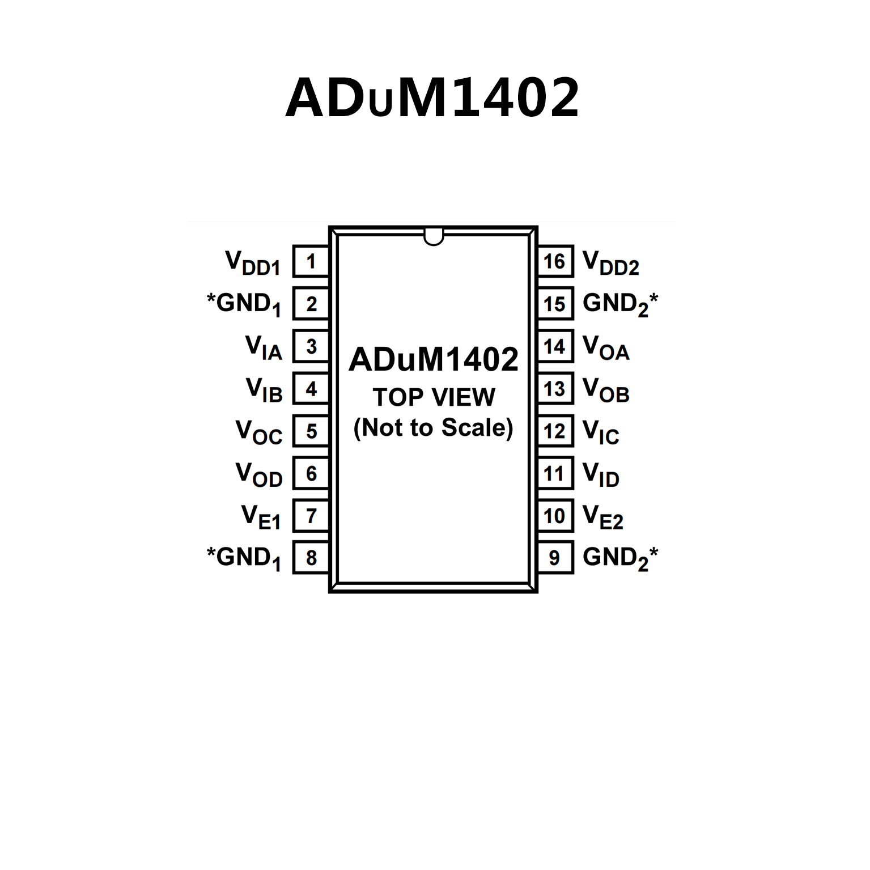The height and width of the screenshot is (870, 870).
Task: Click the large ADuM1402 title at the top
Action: [432, 97]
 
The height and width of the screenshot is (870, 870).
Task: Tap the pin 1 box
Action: [311, 261]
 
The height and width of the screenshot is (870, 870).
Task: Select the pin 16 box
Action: [554, 261]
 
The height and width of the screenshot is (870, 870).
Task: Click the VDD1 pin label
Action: [253, 263]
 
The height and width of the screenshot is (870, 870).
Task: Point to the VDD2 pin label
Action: [610, 263]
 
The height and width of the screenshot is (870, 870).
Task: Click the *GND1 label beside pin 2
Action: [244, 304]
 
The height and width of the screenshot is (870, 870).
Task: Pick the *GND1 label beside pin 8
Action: [244, 558]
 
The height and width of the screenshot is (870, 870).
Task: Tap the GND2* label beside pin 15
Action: [620, 304]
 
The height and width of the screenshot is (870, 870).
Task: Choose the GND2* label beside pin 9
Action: [620, 558]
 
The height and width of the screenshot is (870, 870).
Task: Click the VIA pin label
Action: [264, 347]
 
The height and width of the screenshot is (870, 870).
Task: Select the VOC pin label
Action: [259, 432]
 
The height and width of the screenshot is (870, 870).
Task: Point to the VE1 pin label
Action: [261, 517]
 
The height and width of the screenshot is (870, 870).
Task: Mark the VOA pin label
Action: [606, 347]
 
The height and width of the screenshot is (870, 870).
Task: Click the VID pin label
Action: [601, 474]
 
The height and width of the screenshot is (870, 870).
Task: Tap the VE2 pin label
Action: [602, 517]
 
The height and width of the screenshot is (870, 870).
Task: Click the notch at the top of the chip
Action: [434, 237]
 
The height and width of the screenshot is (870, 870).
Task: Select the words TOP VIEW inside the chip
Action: [434, 397]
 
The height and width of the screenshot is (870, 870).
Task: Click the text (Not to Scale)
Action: [434, 428]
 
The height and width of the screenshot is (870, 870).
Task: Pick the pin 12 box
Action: [554, 431]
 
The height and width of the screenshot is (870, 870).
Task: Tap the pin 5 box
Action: [311, 431]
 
